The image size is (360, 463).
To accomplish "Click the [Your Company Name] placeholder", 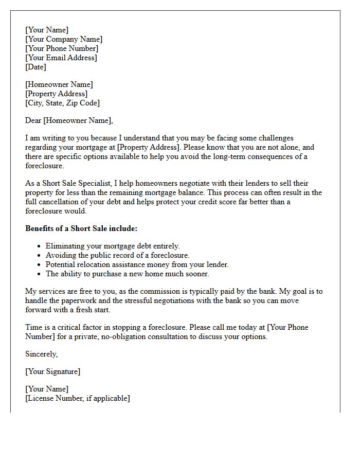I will [64, 39].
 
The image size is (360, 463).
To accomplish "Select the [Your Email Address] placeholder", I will [61, 58].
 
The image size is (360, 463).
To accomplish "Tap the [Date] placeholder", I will [35, 67].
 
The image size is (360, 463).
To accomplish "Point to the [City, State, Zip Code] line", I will [62, 103].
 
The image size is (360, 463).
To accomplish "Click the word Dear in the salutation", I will [33, 120].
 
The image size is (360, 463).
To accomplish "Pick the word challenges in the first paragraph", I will [274, 138].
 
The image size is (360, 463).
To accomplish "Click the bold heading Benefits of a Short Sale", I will [81, 228].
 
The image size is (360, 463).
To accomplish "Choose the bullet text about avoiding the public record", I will [118, 255].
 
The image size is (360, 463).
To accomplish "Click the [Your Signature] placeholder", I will [52, 371].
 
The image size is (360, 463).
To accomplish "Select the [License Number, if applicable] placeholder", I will [77, 398].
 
